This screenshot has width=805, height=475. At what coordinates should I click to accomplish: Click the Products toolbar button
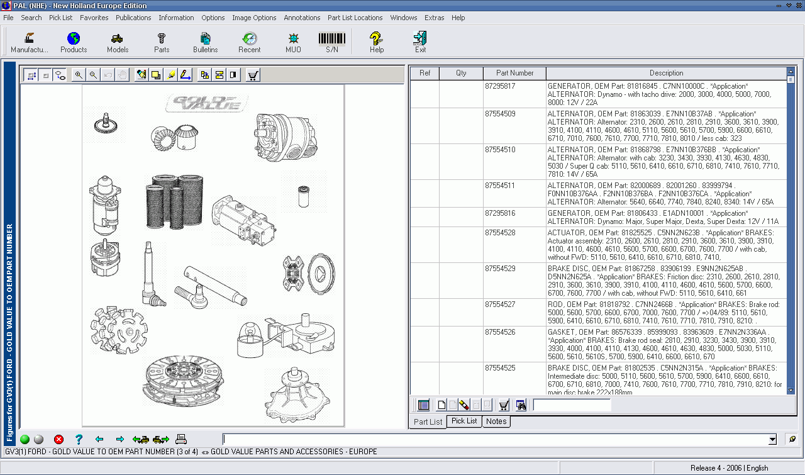point(74,42)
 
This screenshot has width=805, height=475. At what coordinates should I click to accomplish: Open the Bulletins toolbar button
point(205,42)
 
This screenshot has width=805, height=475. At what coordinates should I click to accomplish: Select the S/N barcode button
point(331,42)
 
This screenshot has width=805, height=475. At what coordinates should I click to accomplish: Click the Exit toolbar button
point(420,42)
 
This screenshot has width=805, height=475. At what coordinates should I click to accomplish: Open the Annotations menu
point(302,18)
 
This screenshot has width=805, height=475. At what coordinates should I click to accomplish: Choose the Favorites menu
point(94,18)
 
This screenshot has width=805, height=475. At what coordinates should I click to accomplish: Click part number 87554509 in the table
point(500,114)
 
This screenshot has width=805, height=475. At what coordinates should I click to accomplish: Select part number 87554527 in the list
point(500,305)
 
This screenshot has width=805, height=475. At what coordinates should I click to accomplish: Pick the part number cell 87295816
point(500,213)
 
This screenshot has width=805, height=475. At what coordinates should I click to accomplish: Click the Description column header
point(666,73)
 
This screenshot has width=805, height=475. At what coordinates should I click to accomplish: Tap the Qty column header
point(461,73)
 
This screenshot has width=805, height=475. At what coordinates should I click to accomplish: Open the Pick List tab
point(464,421)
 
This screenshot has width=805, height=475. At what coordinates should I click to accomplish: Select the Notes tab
point(496,422)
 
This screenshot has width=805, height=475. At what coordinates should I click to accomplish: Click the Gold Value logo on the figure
point(207,103)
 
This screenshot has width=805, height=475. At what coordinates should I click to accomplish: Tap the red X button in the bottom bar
point(58,439)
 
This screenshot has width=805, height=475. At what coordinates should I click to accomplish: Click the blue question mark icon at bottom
point(79,439)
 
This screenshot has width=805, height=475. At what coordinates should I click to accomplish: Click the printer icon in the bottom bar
point(181,439)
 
